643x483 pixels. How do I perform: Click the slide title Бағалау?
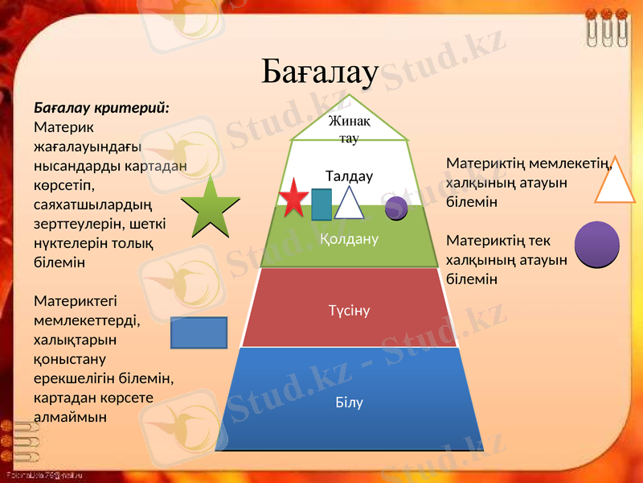pyautogui.click(x=319, y=72)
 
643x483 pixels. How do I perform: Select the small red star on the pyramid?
pyautogui.click(x=294, y=200)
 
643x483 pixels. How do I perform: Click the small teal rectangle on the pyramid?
pyautogui.click(x=321, y=204)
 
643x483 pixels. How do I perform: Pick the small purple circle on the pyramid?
pyautogui.click(x=396, y=208)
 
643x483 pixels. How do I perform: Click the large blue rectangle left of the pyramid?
pyautogui.click(x=199, y=332)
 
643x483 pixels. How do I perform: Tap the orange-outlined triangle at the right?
pyautogui.click(x=615, y=182)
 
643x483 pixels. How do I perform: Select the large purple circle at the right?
pyautogui.click(x=597, y=244)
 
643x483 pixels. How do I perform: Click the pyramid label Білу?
pyautogui.click(x=350, y=402)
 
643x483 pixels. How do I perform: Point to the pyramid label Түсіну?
pyautogui.click(x=350, y=310)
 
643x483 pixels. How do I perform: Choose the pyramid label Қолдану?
pyautogui.click(x=349, y=239)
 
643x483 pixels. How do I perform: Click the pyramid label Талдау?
pyautogui.click(x=349, y=175)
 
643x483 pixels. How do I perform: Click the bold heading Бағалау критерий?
pyautogui.click(x=101, y=107)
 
